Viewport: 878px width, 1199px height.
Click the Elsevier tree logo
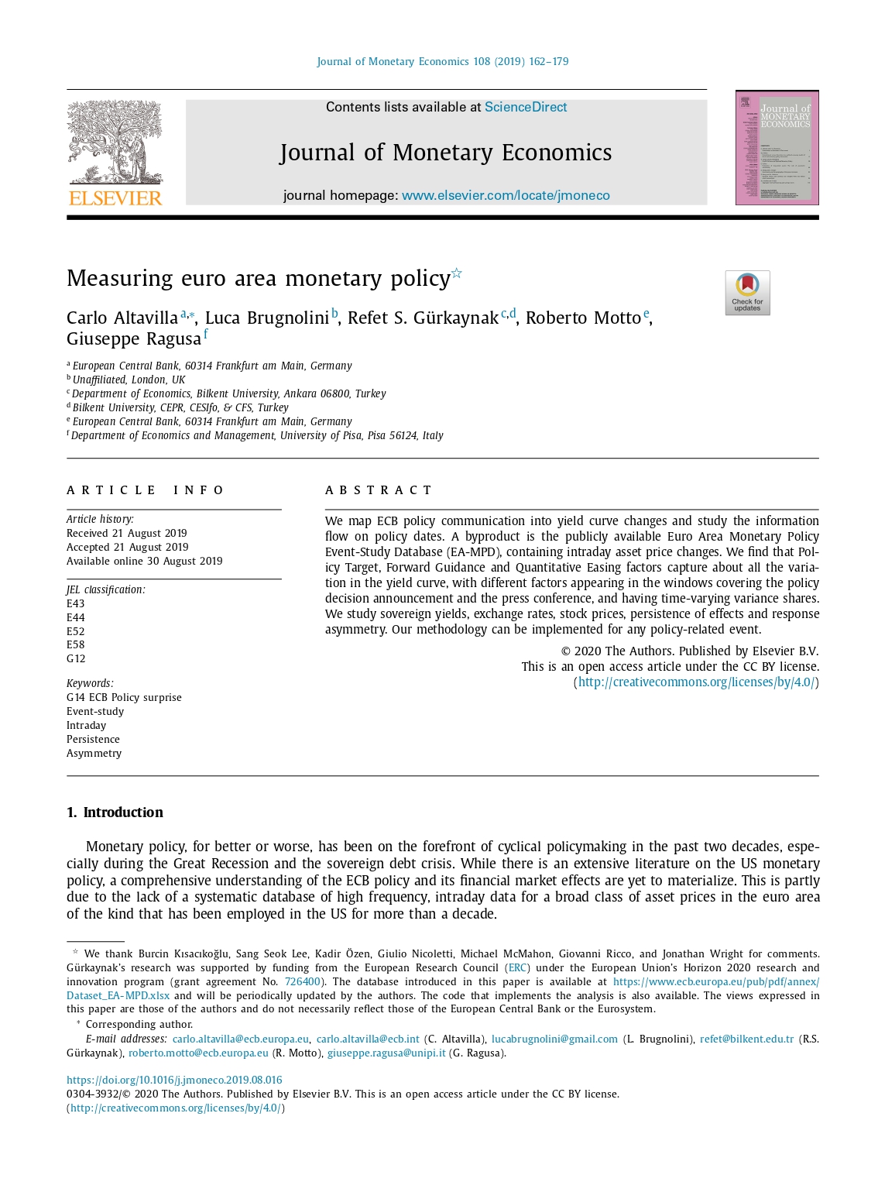coord(115,143)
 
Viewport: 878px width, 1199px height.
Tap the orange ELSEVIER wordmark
coord(115,198)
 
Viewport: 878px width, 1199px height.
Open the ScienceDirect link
coord(526,107)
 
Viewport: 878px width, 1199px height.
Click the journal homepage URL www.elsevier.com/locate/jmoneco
coord(506,195)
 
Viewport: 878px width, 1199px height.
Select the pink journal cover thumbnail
coord(777,147)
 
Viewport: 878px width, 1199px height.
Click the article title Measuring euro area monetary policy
coord(259,278)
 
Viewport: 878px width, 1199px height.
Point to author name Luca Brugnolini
coord(267,318)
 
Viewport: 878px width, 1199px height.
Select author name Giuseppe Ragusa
coord(134,339)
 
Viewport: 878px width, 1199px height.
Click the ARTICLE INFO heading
coord(146,490)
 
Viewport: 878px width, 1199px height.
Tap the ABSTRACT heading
coord(379,490)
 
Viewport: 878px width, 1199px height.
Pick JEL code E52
coord(76,631)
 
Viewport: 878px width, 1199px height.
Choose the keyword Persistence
coord(93,739)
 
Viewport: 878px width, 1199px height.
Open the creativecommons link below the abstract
coord(696,682)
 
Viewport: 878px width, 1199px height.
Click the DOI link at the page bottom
coord(174,1080)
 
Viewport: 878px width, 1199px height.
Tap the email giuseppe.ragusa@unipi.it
coord(386,1053)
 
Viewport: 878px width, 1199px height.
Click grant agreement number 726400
coord(302,981)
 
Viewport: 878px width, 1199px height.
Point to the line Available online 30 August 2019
coord(145,561)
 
